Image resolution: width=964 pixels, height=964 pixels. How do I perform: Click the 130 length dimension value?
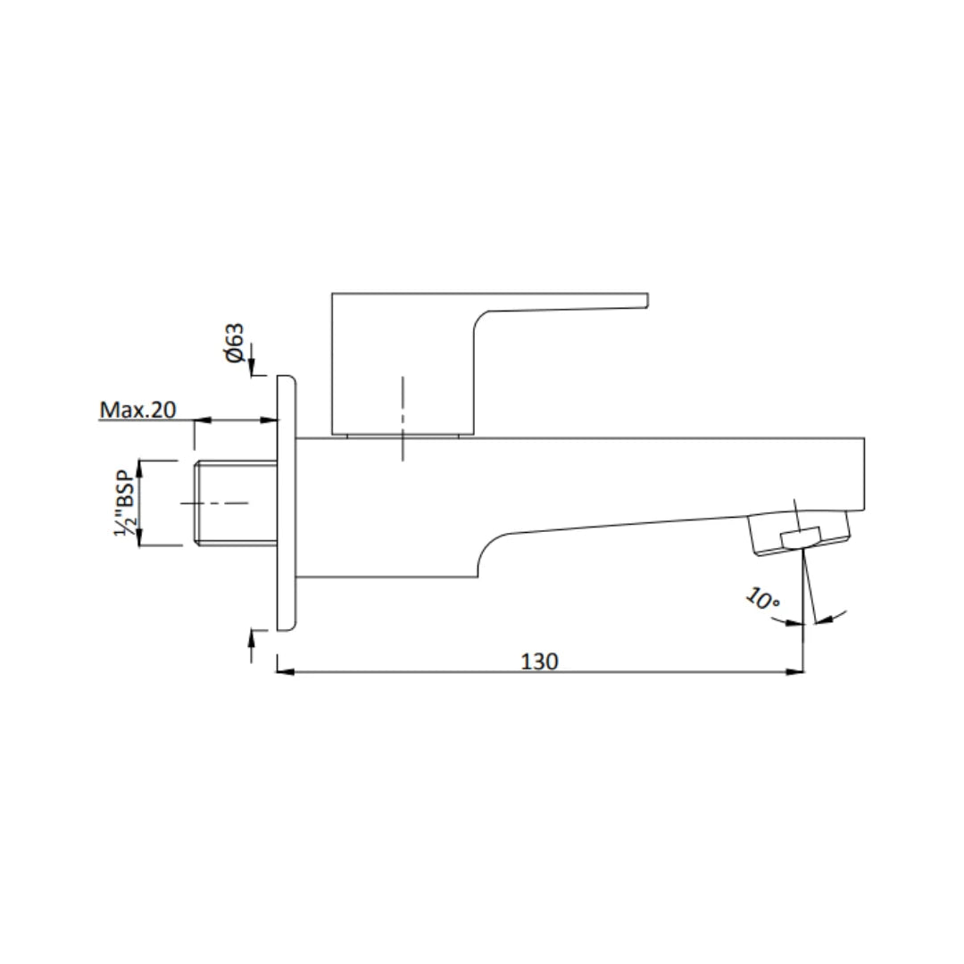[x=540, y=661]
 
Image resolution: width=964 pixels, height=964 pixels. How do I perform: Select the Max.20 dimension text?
[x=137, y=410]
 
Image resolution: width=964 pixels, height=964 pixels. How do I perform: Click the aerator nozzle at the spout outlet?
[x=800, y=536]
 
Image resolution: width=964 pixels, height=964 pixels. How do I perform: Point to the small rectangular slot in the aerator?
[x=800, y=537]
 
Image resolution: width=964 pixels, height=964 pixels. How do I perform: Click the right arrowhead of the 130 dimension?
[x=796, y=672]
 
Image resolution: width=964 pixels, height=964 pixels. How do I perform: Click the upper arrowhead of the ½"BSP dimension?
[x=139, y=467]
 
